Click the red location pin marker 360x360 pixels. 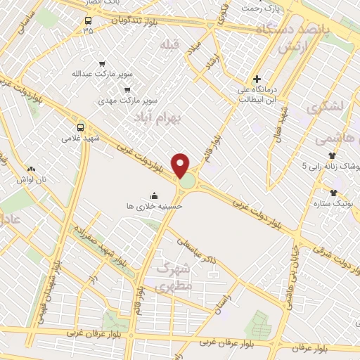coord(181,165)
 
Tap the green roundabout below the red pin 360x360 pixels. coord(187,182)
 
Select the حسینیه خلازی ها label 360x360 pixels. coord(153,207)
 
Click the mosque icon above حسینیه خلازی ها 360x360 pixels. coord(154,195)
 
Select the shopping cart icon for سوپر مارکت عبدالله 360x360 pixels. coord(103,63)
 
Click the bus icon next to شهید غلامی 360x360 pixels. coord(80,128)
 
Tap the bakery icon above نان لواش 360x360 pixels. coord(30,169)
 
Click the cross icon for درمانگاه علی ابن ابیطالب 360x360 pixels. coord(257,79)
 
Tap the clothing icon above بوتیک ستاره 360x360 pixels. coord(333,192)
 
